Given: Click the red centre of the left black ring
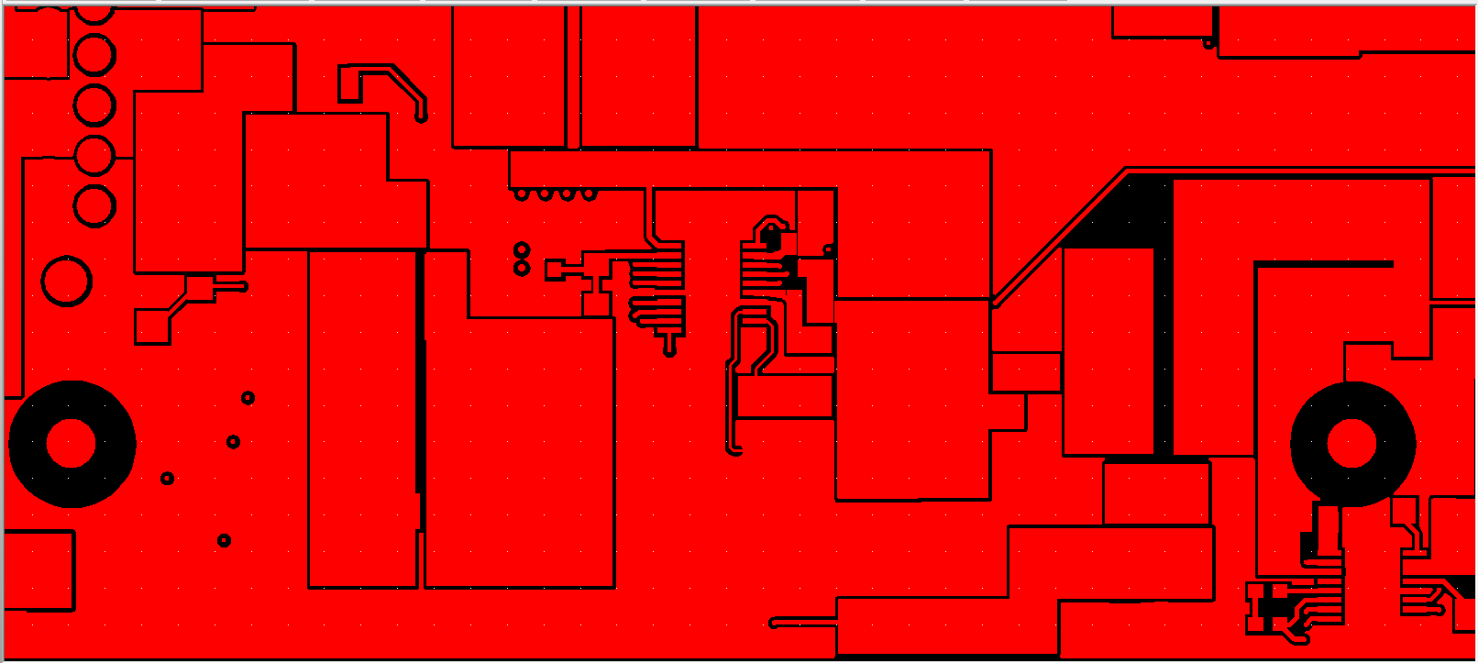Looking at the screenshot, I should click(71, 444).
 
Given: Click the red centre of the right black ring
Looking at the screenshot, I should click(1352, 444).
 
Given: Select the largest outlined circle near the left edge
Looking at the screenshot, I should click(67, 281).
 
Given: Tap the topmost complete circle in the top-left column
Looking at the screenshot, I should click(94, 55).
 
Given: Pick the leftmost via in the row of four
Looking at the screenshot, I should click(522, 193).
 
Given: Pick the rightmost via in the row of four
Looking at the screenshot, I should click(590, 193).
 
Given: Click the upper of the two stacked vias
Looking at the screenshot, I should click(522, 249).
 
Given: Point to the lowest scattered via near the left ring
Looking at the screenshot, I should click(225, 540).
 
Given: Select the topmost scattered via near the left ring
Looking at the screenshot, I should click(248, 398).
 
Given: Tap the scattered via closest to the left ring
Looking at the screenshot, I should click(167, 478).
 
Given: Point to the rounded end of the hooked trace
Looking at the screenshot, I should click(422, 116).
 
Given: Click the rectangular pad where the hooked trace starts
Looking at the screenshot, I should click(349, 84).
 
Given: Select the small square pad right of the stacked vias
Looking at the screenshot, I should click(555, 270).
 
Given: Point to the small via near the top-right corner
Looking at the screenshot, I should click(1208, 43).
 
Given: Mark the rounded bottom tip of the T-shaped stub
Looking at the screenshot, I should click(670, 350).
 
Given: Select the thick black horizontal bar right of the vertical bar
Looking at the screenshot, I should click(1325, 264).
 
